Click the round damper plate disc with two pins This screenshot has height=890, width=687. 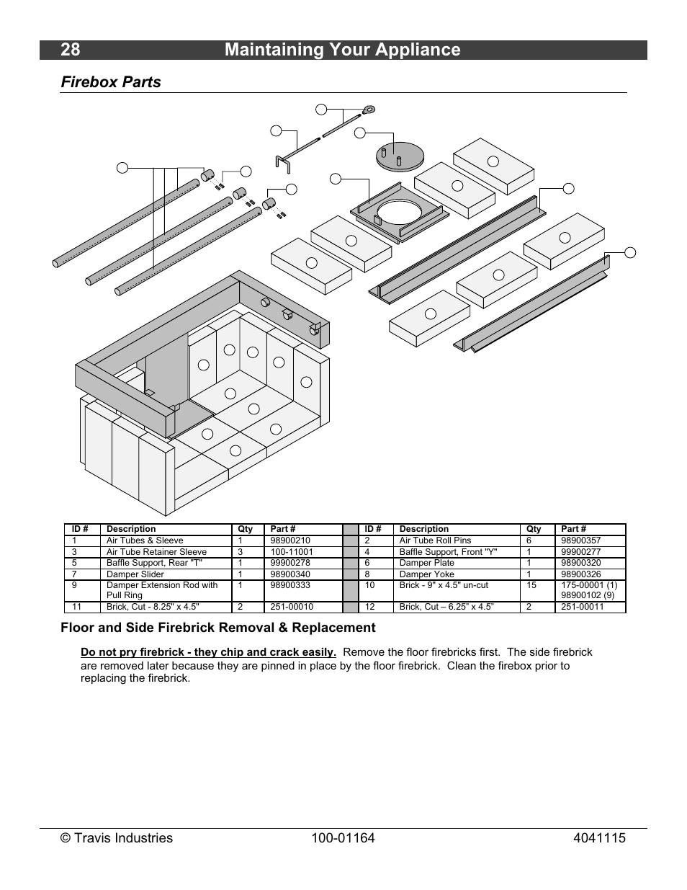pyautogui.click(x=400, y=155)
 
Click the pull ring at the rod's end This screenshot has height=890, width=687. pyautogui.click(x=369, y=110)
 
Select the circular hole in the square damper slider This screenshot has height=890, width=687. pyautogui.click(x=400, y=211)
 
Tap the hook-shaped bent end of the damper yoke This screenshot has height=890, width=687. pyautogui.click(x=282, y=164)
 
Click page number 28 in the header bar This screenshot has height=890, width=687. pyautogui.click(x=71, y=50)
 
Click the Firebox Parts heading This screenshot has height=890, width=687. pyautogui.click(x=111, y=82)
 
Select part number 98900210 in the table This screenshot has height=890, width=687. pyautogui.click(x=290, y=540)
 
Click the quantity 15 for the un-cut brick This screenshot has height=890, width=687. pyautogui.click(x=531, y=585)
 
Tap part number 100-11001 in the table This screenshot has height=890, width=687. pyautogui.click(x=292, y=552)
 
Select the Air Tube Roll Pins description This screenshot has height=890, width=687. pyautogui.click(x=435, y=540)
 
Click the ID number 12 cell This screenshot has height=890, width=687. pyautogui.click(x=370, y=607)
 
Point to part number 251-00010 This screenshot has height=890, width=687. pyautogui.click(x=292, y=607)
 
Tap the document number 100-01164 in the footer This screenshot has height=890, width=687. pyautogui.click(x=343, y=838)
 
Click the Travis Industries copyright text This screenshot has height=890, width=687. pyautogui.click(x=117, y=838)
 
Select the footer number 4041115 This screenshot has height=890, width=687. pyautogui.click(x=600, y=838)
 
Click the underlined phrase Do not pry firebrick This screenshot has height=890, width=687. pyautogui.click(x=208, y=652)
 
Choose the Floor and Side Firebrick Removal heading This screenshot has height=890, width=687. pyautogui.click(x=217, y=628)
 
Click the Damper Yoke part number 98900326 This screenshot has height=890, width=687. pyautogui.click(x=580, y=574)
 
